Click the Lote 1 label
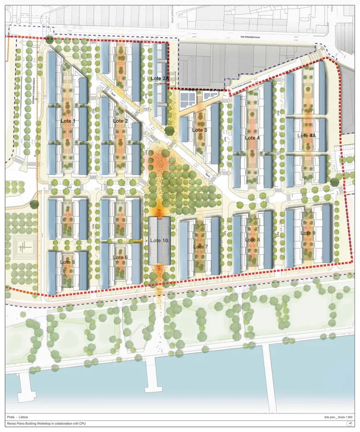click(68, 121)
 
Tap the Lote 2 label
click(120, 121)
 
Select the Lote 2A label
click(159, 79)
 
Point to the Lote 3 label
click(199, 130)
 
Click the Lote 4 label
click(252, 138)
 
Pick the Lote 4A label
click(306, 135)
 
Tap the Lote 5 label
click(67, 262)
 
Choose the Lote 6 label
click(120, 257)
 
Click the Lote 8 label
click(252, 240)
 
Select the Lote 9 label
click(308, 233)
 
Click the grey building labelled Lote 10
click(159, 241)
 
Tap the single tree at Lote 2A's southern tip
click(169, 130)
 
